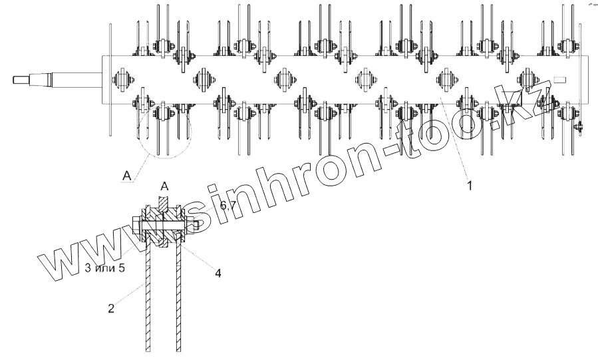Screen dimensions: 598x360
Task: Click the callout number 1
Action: [469, 186]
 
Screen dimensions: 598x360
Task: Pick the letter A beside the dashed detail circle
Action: [126, 176]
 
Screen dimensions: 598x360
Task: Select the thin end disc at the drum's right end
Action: [581, 80]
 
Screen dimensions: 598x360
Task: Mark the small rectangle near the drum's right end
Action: [560, 80]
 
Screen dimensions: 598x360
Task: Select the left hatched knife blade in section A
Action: [147, 299]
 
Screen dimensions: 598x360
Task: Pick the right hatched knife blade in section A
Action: [179, 299]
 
